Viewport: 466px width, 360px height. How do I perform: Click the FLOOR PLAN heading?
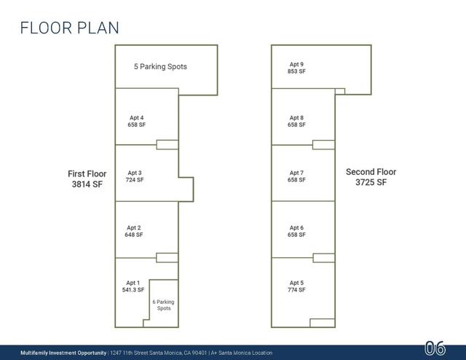70,28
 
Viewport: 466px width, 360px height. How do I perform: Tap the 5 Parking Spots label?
160,66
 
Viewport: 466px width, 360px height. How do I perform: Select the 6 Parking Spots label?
163,305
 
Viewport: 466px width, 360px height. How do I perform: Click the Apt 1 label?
133,283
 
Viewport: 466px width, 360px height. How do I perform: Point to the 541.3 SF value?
133,290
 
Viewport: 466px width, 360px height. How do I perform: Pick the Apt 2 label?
134,228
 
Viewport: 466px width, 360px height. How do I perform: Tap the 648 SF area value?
134,235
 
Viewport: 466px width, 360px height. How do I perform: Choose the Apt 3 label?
135,173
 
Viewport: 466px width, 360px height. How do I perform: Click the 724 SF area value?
135,180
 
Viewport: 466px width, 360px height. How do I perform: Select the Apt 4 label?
137,118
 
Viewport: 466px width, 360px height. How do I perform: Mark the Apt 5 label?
296,283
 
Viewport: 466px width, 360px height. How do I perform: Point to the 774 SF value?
296,290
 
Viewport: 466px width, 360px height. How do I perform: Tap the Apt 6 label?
296,228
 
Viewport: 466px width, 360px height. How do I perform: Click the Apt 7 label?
296,173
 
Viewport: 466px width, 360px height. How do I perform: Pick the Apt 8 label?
296,118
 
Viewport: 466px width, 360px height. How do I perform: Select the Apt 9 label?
296,64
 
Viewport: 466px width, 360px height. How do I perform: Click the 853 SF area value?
296,71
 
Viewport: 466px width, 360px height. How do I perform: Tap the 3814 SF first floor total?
87,184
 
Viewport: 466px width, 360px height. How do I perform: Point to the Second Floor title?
371,172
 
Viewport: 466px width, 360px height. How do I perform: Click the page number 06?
435,348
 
